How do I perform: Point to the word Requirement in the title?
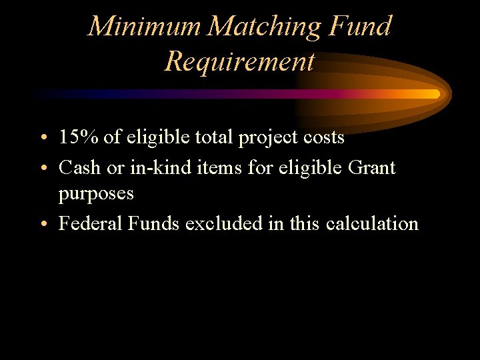coord(239,62)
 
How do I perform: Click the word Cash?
coord(81,167)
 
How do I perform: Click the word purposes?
coord(96,195)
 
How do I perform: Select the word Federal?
coord(87,223)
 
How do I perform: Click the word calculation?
coord(372,223)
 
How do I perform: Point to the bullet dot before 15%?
coord(43,139)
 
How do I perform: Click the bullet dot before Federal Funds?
coord(43,225)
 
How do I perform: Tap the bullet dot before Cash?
coord(43,169)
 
